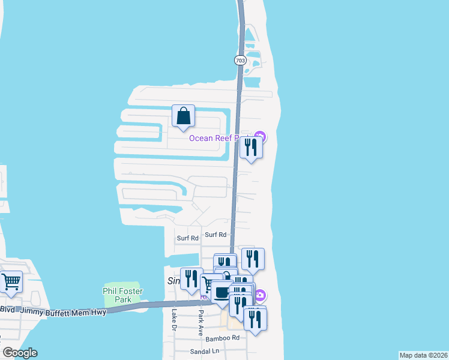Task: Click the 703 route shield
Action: point(240,61)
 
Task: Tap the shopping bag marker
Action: point(184,116)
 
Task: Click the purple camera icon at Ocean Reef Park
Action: point(260,137)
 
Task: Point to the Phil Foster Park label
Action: point(122,295)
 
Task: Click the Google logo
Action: point(20,353)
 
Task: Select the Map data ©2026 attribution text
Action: point(423,355)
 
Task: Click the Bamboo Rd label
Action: point(228,338)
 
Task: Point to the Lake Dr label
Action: point(175,320)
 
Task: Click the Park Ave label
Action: point(201,322)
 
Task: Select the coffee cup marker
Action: point(222,293)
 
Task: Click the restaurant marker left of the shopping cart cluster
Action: point(191,279)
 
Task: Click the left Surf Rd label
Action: point(187,238)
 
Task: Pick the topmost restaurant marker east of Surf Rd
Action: point(253,259)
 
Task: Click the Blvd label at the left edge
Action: point(8,310)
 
